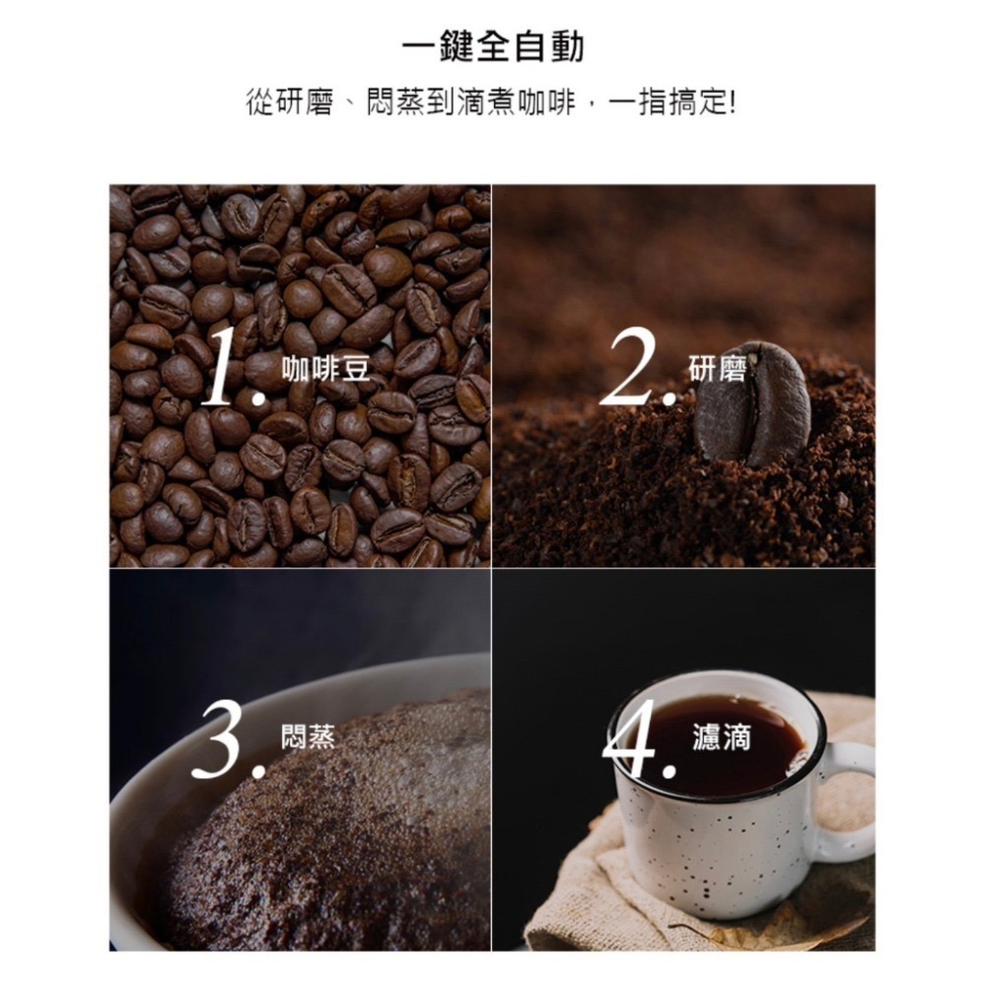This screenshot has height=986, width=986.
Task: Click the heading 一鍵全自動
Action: pyautogui.click(x=493, y=46)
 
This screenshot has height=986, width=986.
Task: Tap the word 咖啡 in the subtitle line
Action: pyautogui.click(x=546, y=102)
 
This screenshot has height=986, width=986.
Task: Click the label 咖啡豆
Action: pyautogui.click(x=325, y=369)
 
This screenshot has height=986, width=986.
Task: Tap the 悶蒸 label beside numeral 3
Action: pyautogui.click(x=308, y=736)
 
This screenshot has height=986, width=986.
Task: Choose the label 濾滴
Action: pyautogui.click(x=722, y=737)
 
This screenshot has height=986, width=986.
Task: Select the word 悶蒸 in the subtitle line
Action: pyautogui.click(x=395, y=102)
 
